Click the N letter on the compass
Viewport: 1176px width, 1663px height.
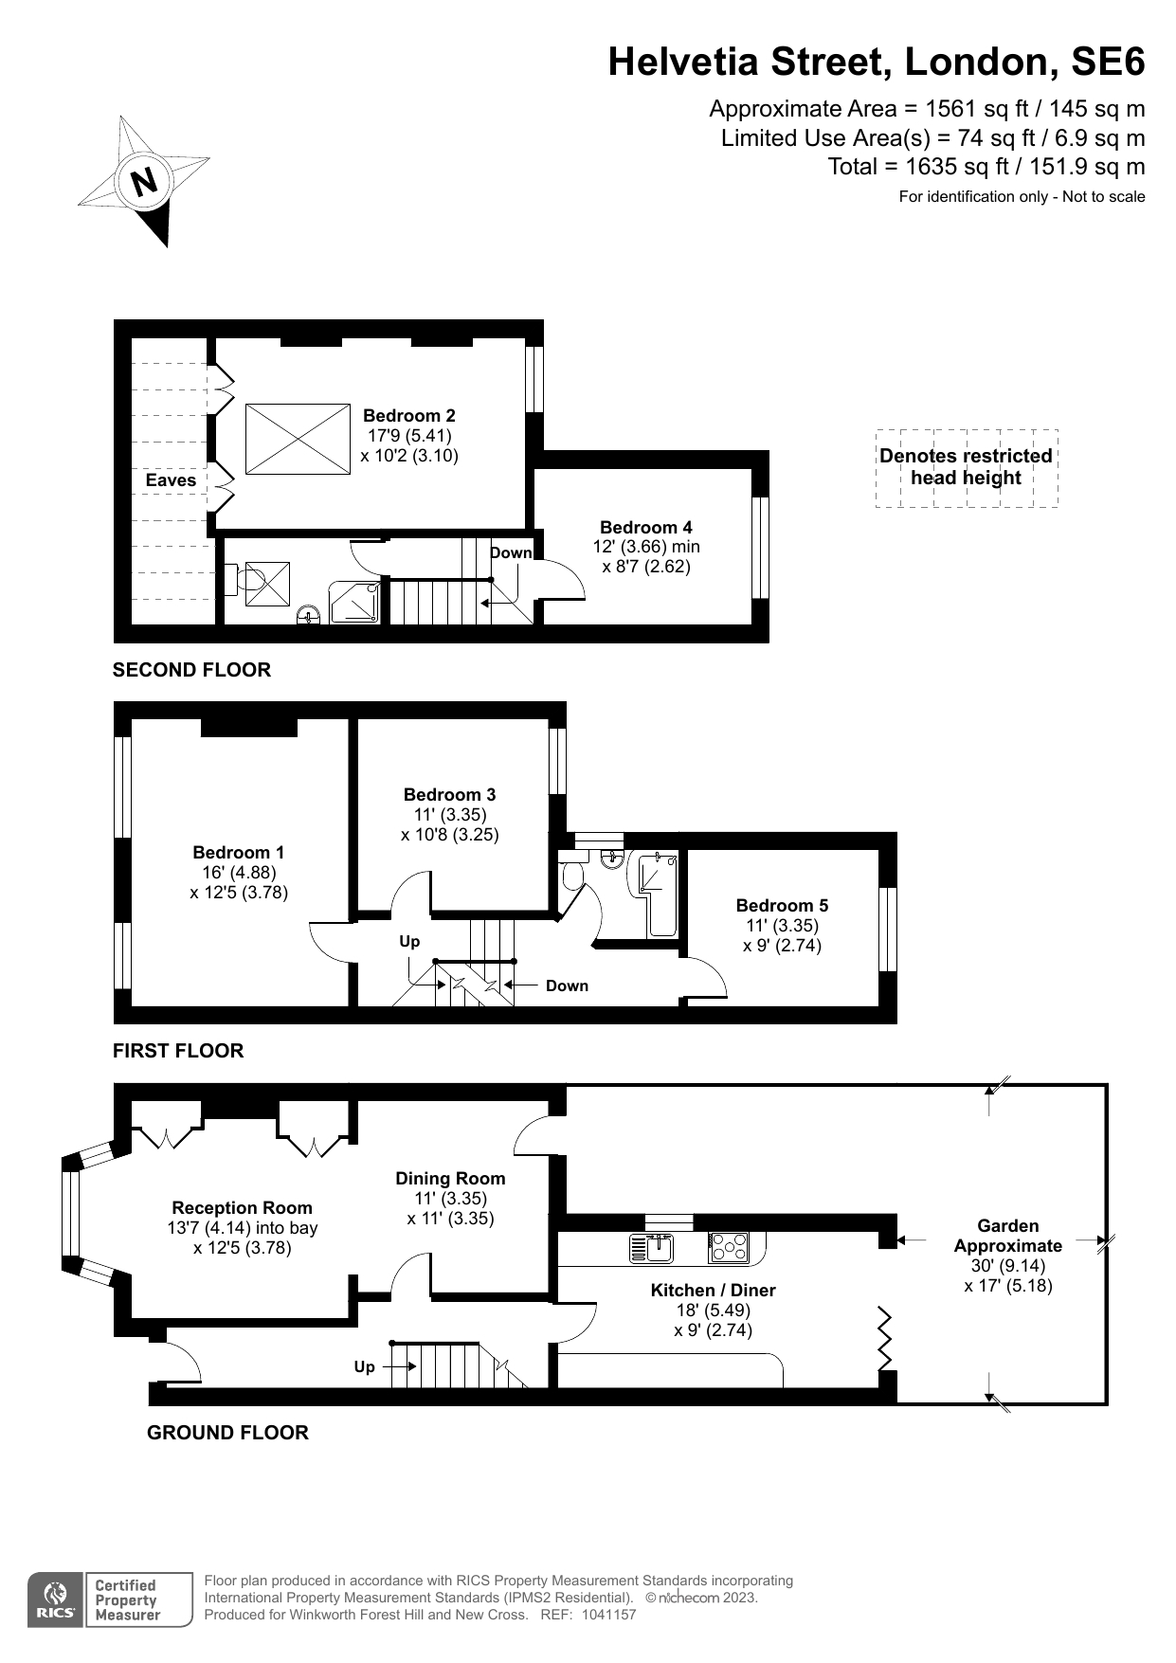coord(144,182)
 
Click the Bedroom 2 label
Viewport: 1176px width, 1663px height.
coord(408,415)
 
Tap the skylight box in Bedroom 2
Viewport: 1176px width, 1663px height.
coord(298,439)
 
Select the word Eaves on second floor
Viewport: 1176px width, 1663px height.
coord(171,480)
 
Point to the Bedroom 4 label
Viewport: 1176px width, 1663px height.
coord(645,527)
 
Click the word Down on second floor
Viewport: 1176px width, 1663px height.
coord(511,552)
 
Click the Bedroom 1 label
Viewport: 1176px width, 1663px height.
coord(238,852)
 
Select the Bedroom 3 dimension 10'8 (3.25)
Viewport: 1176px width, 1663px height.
coord(449,835)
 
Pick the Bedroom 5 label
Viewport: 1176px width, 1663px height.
coord(782,905)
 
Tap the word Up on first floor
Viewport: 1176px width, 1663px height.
coord(409,941)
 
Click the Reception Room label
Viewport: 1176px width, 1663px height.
coord(242,1207)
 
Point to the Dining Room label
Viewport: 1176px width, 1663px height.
coord(450,1178)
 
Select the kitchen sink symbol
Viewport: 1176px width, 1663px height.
coord(652,1248)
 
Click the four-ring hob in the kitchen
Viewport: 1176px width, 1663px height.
coord(729,1247)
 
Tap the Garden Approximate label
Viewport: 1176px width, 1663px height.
coord(1008,1236)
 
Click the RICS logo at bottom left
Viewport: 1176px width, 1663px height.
coord(56,1600)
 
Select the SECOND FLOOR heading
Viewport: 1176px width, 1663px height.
coord(191,670)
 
